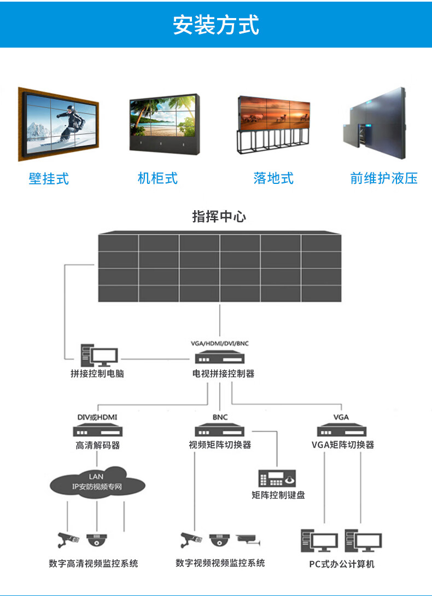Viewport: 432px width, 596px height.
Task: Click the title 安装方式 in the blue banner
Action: (x=216, y=25)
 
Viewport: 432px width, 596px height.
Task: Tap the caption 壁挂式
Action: (x=49, y=178)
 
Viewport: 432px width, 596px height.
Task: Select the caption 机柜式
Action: (x=157, y=178)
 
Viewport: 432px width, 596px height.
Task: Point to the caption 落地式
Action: (x=273, y=178)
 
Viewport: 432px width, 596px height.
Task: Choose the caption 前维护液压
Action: (x=384, y=178)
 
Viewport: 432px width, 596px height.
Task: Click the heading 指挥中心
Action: (x=219, y=217)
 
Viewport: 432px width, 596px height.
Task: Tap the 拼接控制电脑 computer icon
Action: (x=98, y=356)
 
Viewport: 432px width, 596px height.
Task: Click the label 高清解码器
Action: (x=97, y=445)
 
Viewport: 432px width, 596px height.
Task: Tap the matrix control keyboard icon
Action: (x=278, y=478)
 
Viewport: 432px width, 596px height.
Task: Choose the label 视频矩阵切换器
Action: (x=220, y=445)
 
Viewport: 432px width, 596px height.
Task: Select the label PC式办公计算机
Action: (x=342, y=564)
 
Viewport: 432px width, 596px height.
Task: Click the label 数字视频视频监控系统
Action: (x=220, y=563)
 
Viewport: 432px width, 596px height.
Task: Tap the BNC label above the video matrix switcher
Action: (x=220, y=418)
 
